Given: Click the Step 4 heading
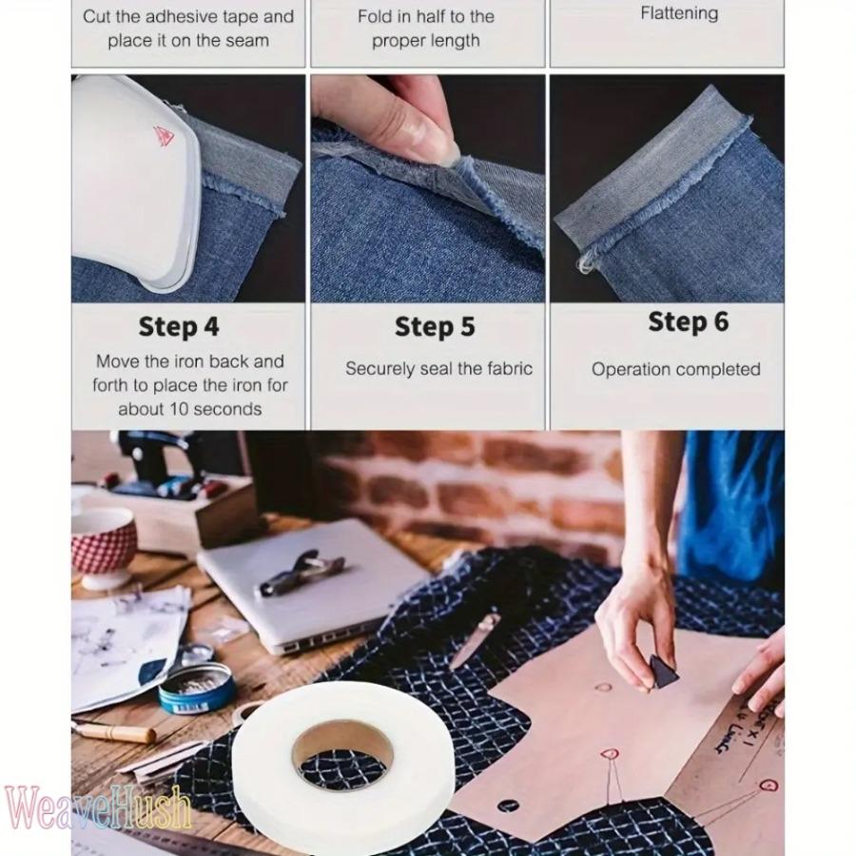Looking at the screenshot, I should [179, 326].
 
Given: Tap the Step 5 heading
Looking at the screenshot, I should [434, 327].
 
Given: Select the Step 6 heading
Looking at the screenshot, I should [688, 322].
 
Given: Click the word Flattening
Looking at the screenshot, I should [679, 13].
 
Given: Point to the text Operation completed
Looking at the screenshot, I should [675, 369].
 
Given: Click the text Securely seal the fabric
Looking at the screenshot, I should [438, 369].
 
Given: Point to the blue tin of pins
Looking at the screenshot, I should [195, 687].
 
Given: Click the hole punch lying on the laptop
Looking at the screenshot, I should [301, 572].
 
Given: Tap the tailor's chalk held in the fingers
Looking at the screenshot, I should [662, 671].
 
